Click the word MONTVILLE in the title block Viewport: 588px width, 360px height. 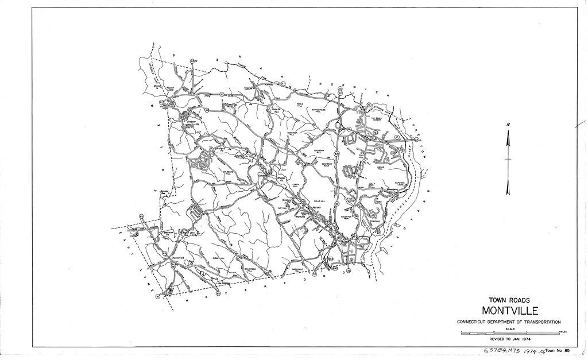pos(510,311)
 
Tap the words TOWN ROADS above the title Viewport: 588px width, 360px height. pos(509,300)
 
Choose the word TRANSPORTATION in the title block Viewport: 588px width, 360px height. pos(540,322)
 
